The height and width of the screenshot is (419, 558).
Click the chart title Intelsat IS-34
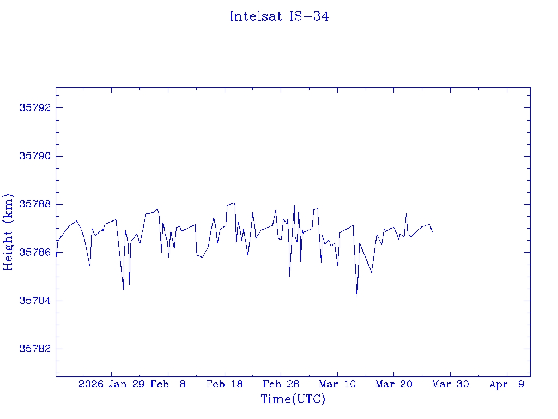pos(279,16)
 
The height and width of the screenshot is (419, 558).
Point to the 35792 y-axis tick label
pos(34,108)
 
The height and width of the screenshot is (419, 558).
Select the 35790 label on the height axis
pos(34,156)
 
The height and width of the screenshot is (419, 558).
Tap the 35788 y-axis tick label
pos(34,205)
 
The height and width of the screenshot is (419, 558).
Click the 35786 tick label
pos(34,253)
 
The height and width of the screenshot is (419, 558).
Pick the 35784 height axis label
pos(34,301)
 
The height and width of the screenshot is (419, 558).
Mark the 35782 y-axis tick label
pos(34,349)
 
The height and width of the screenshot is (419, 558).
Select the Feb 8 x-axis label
pos(168,385)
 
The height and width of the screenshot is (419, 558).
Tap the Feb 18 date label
pos(225,385)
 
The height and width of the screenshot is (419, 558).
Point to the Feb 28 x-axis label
pos(281,385)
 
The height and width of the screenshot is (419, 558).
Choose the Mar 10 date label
pos(337,385)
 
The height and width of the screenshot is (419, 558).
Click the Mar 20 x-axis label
pos(394,385)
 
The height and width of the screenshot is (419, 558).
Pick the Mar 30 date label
pos(451,385)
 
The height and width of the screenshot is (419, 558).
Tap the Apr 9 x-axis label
pos(507,385)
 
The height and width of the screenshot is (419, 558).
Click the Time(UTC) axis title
pos(293,399)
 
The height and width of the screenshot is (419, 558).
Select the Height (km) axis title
pos(8,232)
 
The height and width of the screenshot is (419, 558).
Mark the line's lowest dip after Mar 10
pos(357,297)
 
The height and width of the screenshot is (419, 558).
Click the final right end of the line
pos(432,232)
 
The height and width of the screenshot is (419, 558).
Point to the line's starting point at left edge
pos(56,256)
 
